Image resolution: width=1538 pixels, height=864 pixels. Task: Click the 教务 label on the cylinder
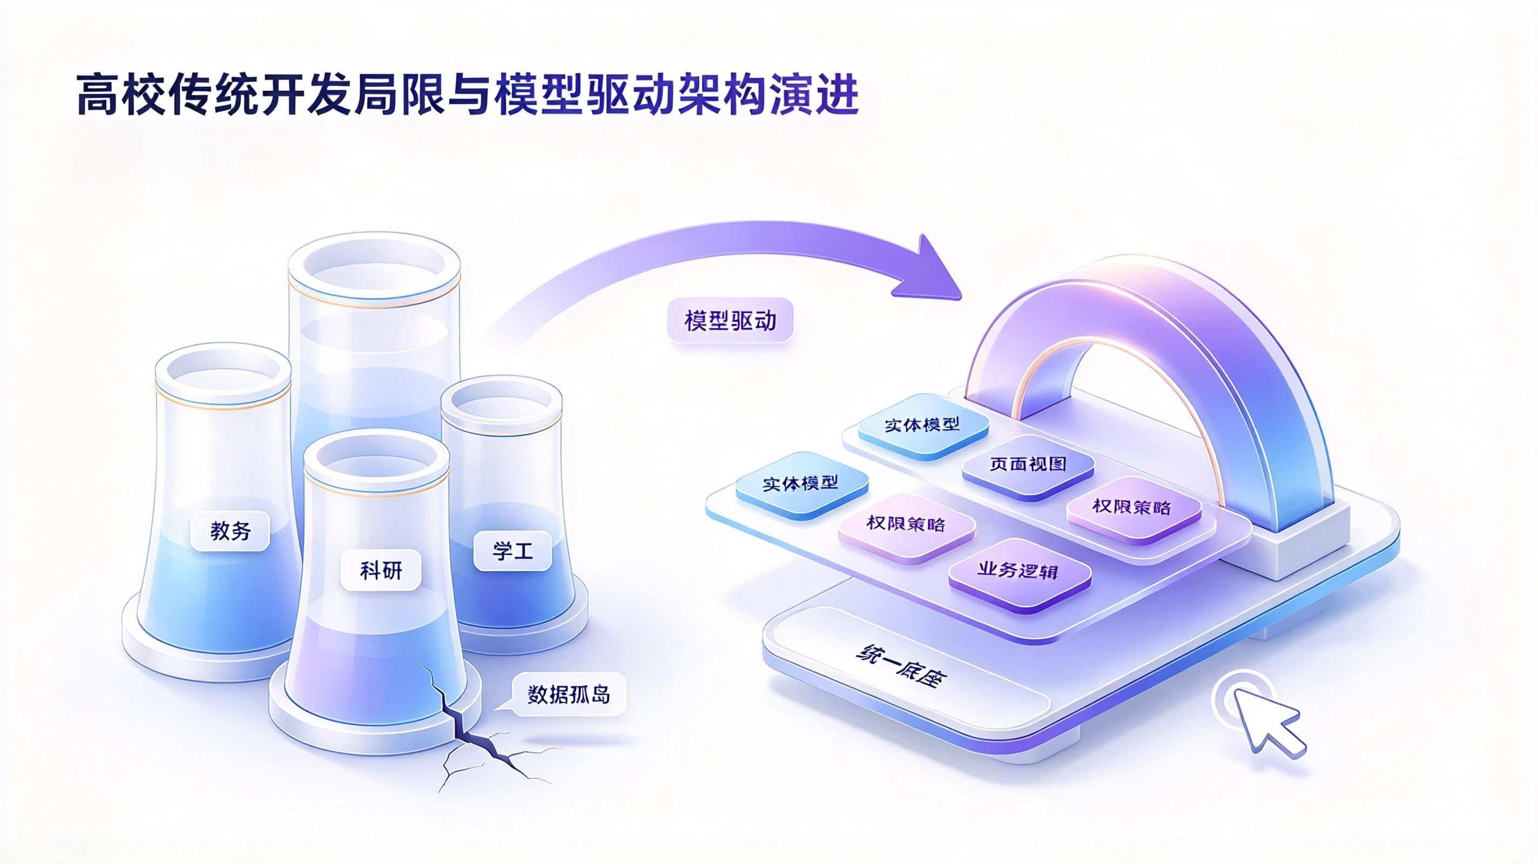pyautogui.click(x=230, y=530)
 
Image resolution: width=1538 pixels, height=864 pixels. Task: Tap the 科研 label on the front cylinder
pyautogui.click(x=380, y=571)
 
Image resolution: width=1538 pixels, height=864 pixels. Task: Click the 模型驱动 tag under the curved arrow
pyautogui.click(x=730, y=321)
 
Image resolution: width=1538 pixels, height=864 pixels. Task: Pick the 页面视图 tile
pyautogui.click(x=1028, y=464)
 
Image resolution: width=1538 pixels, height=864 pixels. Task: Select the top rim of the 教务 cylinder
pyautogui.click(x=223, y=371)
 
